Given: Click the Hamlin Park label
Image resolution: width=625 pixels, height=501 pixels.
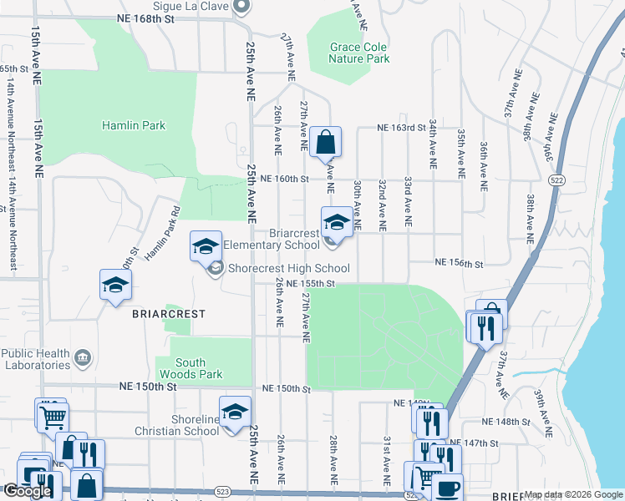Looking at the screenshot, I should coord(134,126).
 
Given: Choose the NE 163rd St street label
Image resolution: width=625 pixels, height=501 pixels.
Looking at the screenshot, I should coord(395,128).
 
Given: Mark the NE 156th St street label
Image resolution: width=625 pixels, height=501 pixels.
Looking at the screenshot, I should coord(459,263).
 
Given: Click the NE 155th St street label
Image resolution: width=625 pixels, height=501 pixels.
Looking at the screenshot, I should coord(310,284).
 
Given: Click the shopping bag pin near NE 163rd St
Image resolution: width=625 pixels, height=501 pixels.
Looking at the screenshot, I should coord(326,142).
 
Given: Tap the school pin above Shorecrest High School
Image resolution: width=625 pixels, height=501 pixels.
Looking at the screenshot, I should coord(206,245).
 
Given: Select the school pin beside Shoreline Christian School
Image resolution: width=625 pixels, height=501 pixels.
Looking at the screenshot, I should coord(236,411).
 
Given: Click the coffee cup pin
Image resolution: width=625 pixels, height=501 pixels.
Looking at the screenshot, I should coord(446,487).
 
